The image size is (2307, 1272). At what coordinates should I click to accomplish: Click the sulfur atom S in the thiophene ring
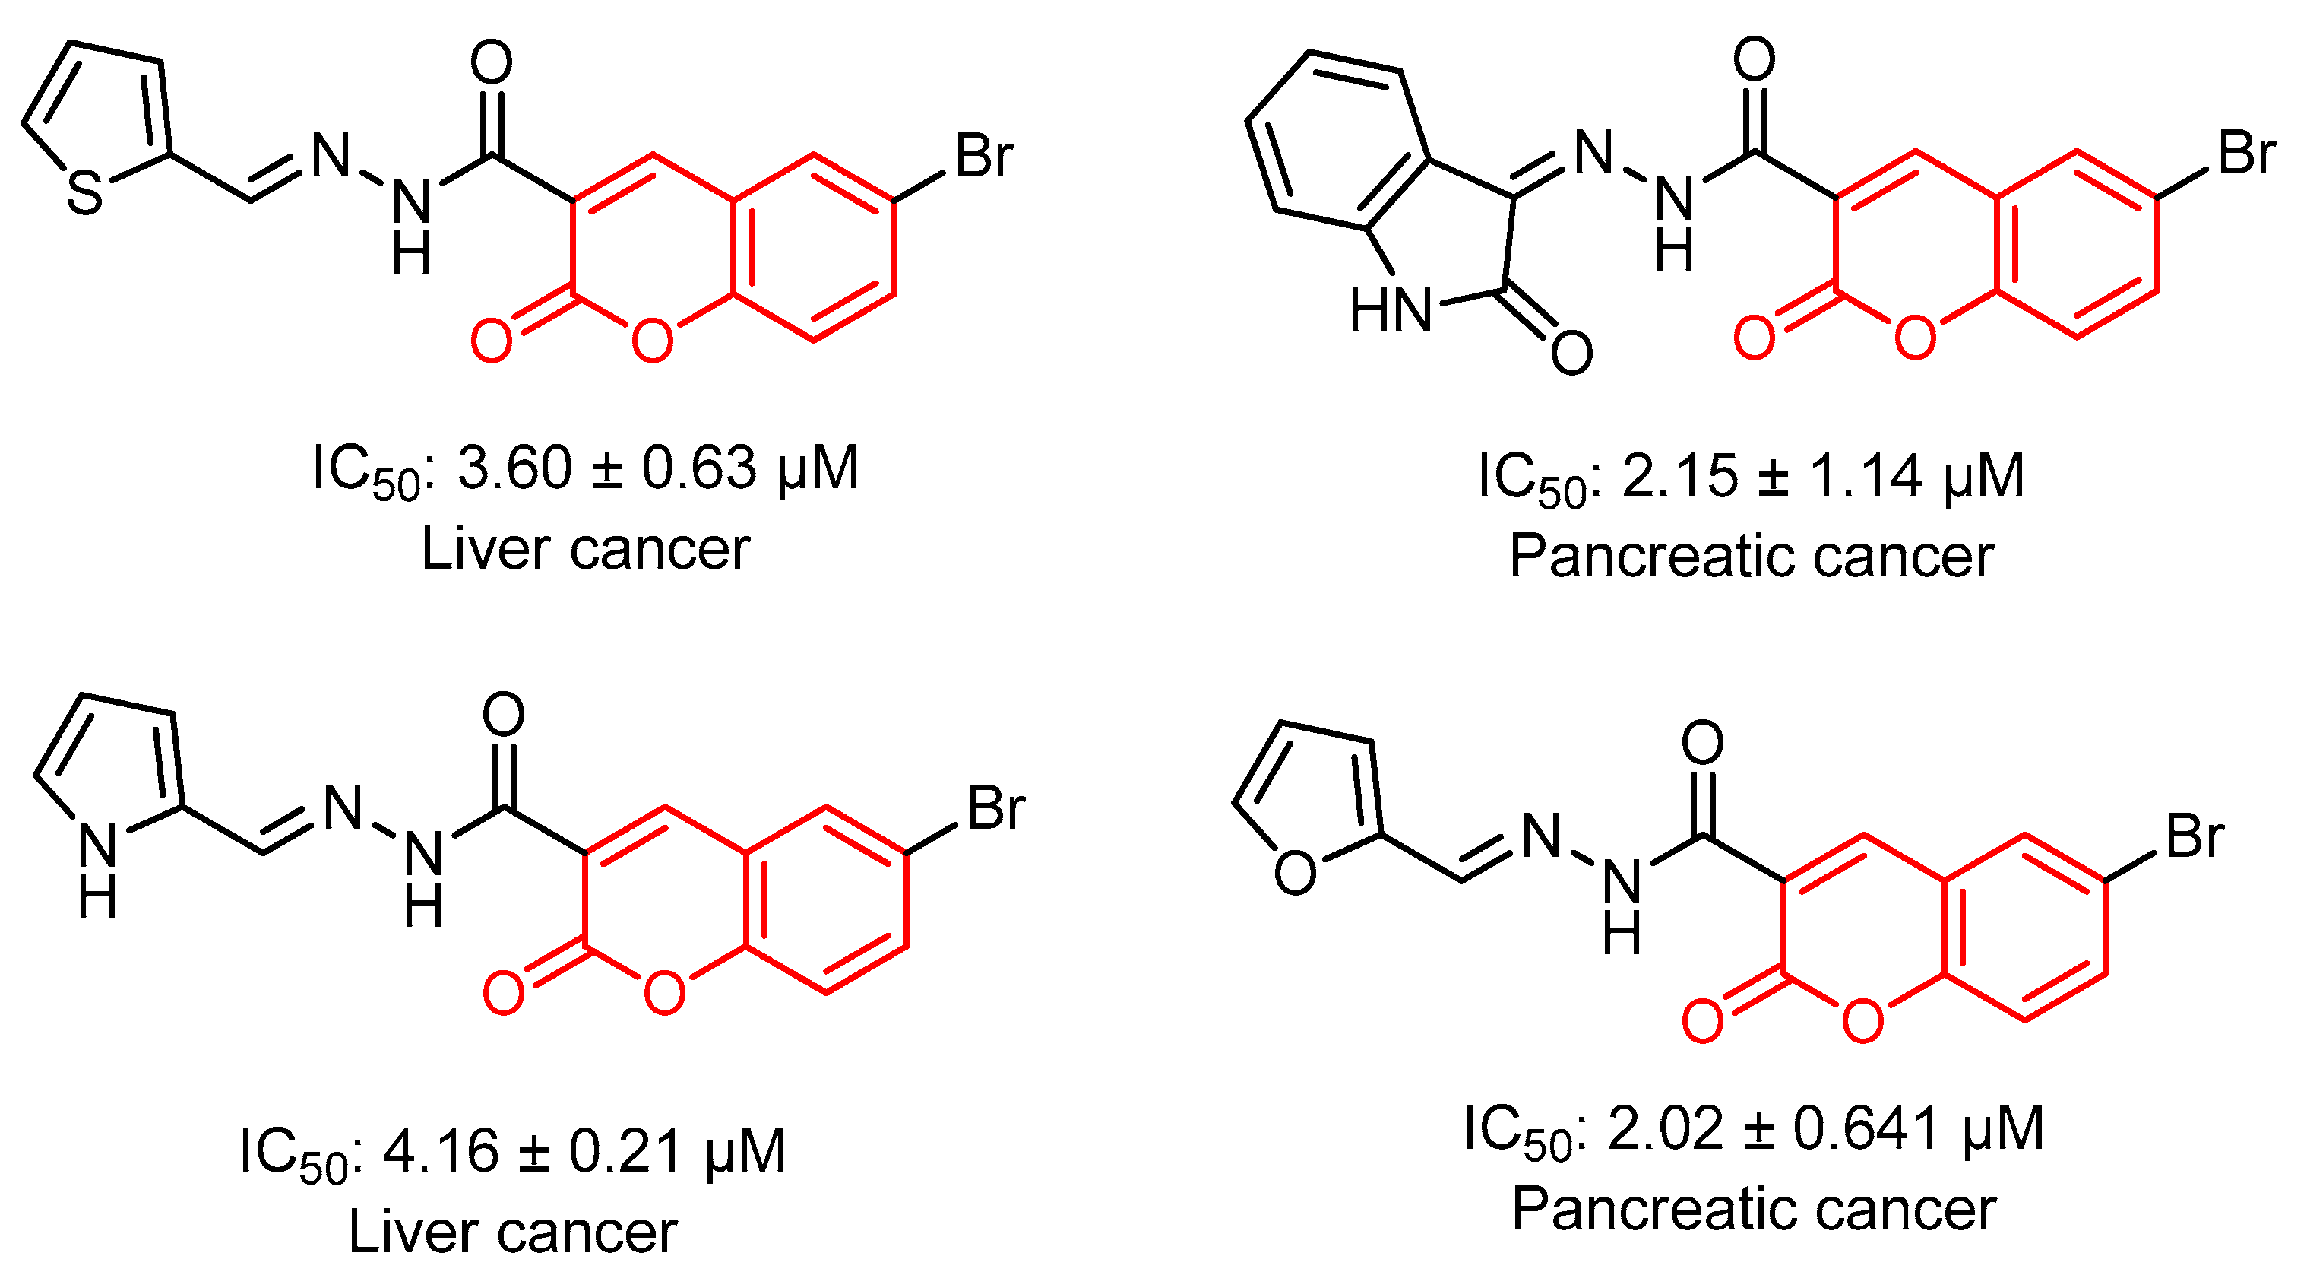click(86, 193)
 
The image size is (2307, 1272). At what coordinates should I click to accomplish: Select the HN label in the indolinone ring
click(1390, 311)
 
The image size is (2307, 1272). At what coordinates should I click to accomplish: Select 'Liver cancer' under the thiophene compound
click(585, 549)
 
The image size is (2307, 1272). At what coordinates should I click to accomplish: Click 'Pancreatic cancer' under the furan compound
click(1754, 1210)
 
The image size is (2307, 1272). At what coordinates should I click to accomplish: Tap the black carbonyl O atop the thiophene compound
click(492, 62)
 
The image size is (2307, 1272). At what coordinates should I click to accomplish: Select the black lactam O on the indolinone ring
click(1571, 352)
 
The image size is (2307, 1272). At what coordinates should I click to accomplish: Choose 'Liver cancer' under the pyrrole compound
click(512, 1232)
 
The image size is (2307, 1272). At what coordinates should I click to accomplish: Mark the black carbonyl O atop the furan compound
click(1702, 743)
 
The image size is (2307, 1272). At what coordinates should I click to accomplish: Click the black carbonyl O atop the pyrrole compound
click(503, 715)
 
